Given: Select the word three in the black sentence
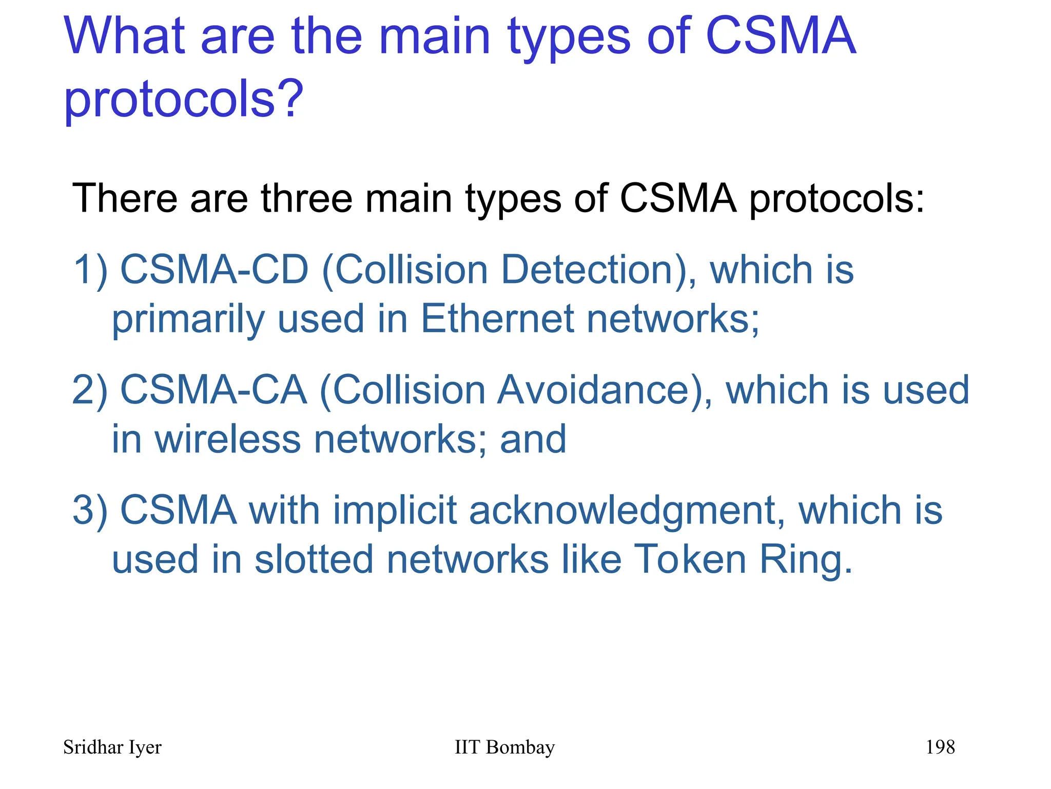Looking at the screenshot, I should tap(306, 198).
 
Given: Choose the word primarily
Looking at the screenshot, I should tap(188, 320).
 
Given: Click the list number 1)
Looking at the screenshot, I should tap(90, 270).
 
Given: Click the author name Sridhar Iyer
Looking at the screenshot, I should tap(112, 747).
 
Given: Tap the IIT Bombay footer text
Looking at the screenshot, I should tap(504, 747).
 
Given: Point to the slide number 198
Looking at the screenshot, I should tap(940, 747).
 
